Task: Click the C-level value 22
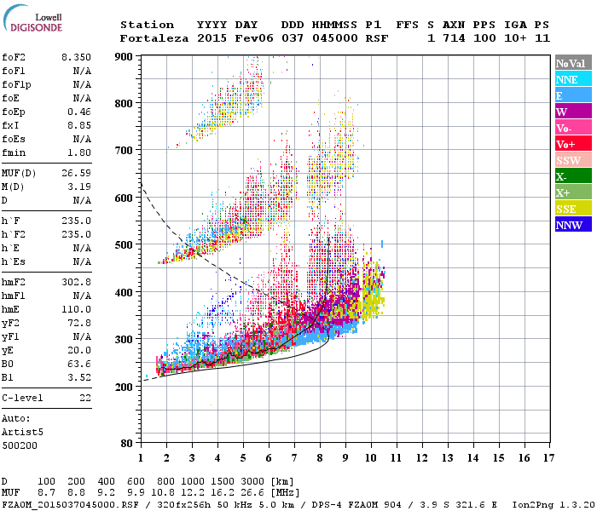(85, 398)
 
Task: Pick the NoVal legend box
(572, 63)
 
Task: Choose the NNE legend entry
(572, 79)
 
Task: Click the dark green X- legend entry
(572, 176)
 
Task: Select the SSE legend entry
(572, 209)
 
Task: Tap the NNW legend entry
(572, 225)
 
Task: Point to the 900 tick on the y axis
(125, 56)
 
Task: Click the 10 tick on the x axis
(370, 457)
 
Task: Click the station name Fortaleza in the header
(154, 38)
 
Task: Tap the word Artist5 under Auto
(21, 432)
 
